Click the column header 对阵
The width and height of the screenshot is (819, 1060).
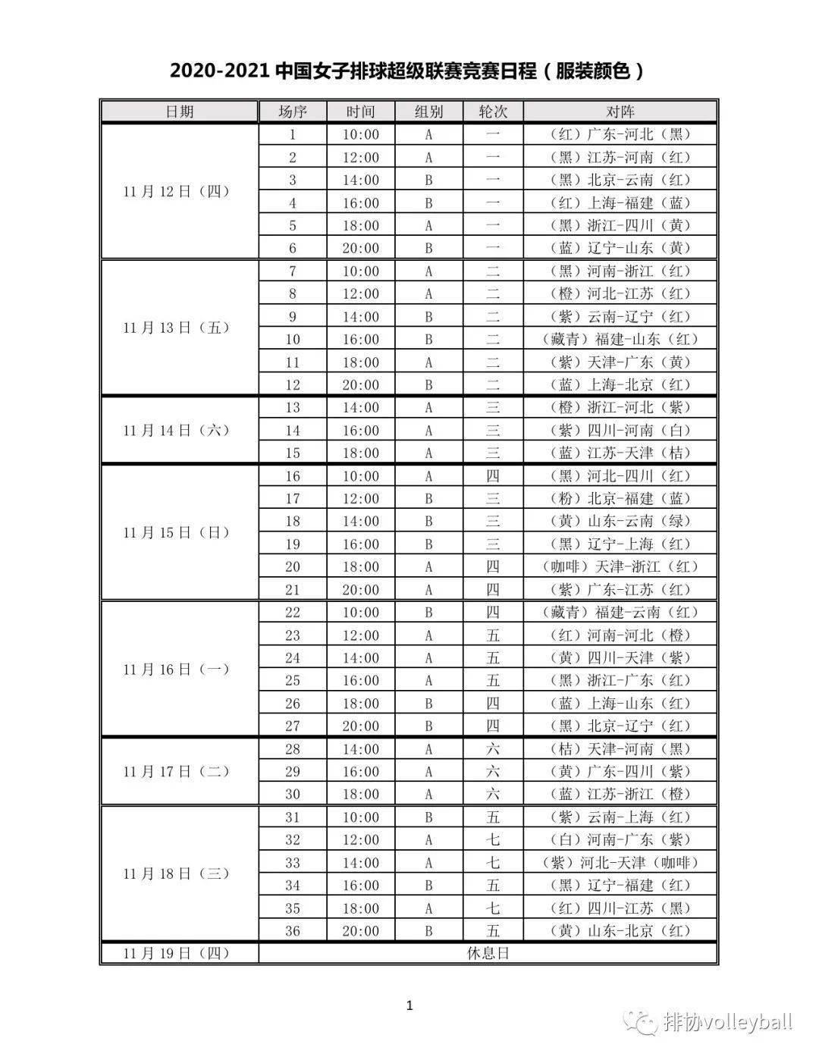(x=620, y=111)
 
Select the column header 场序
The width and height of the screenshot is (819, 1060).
(x=292, y=111)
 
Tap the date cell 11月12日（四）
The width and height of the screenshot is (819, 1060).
(x=177, y=191)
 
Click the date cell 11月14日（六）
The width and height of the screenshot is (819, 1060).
(x=177, y=430)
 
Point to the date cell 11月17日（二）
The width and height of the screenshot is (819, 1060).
(x=177, y=771)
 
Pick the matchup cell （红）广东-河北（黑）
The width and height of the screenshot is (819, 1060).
(x=620, y=134)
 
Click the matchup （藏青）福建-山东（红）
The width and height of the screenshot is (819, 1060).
(x=620, y=339)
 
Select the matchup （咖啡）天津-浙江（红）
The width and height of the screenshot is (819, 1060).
(x=620, y=566)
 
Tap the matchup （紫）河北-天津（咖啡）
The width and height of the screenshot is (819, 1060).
(x=620, y=862)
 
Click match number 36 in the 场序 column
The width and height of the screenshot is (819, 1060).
(x=292, y=930)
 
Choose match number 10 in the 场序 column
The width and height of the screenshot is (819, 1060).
(x=292, y=339)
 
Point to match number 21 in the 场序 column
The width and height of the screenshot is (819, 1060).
(x=292, y=589)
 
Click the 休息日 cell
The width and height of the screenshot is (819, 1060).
(x=488, y=953)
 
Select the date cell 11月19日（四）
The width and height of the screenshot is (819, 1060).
(x=177, y=953)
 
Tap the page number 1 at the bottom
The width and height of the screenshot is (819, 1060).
(x=409, y=1006)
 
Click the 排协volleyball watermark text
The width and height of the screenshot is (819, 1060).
(x=726, y=1021)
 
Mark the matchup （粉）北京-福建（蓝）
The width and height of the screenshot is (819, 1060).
(x=620, y=498)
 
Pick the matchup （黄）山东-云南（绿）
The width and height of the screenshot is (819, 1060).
(x=620, y=521)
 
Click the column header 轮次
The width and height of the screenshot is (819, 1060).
(x=493, y=111)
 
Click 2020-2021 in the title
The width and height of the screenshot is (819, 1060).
(x=220, y=71)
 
